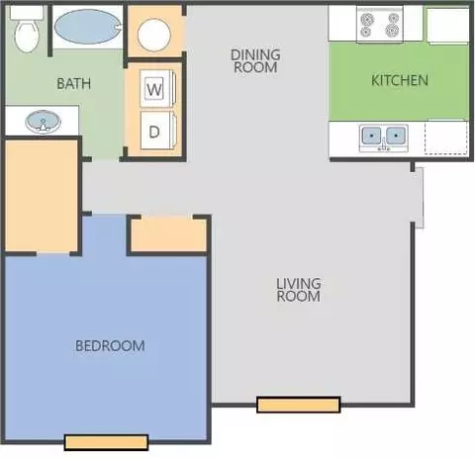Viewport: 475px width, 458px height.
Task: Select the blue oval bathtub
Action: click(x=87, y=27)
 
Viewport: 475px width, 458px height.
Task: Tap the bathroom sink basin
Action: click(x=43, y=122)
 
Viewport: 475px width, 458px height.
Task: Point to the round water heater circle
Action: click(x=154, y=35)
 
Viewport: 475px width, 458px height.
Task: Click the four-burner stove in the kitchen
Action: click(x=380, y=25)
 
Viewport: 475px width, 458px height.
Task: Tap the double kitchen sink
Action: click(x=384, y=137)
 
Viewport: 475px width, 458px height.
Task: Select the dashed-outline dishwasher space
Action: click(x=446, y=137)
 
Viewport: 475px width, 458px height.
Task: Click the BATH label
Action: click(x=74, y=83)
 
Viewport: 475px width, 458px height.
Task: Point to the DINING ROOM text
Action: click(x=255, y=61)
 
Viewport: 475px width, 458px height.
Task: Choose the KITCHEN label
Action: click(x=400, y=80)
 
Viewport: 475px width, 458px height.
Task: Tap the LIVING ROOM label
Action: click(x=299, y=290)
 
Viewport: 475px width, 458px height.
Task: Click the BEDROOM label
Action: click(x=110, y=346)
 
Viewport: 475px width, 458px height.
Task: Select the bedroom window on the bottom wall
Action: click(x=106, y=442)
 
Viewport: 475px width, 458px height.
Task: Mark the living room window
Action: click(x=299, y=405)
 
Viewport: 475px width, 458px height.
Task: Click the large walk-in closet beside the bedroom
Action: click(x=42, y=195)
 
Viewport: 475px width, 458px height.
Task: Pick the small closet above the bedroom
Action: click(x=169, y=234)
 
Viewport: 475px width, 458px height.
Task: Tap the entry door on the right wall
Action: click(x=419, y=198)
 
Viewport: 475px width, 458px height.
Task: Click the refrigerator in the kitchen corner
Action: click(x=447, y=25)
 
